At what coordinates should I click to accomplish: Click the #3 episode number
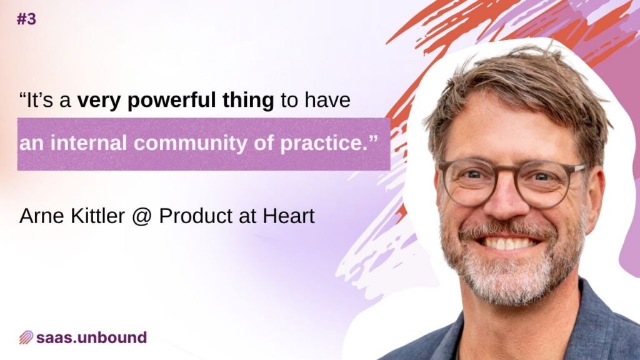[x=26, y=19]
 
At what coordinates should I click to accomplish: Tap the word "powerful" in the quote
[x=172, y=101]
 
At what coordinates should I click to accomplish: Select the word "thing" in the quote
[x=248, y=101]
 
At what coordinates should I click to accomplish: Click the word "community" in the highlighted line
[x=190, y=143]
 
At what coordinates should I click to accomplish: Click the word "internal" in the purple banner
[x=89, y=143]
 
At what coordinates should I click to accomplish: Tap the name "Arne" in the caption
[x=42, y=216]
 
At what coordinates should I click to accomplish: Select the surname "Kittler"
[x=97, y=216]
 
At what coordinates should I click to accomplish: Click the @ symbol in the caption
[x=142, y=217]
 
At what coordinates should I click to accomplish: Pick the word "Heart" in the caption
[x=289, y=216]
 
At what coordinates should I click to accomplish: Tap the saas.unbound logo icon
[x=26, y=337]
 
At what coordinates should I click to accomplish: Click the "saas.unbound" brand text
[x=91, y=337]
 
